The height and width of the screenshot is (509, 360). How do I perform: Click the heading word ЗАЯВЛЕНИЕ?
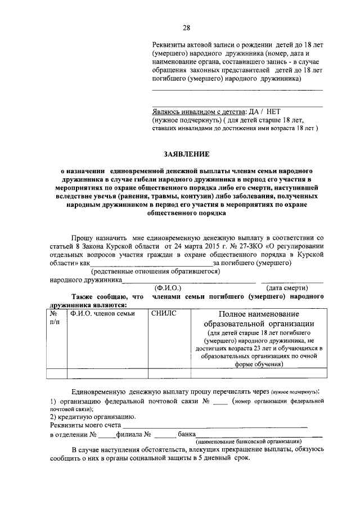click(186, 153)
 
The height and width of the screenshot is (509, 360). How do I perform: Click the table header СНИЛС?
click(164, 313)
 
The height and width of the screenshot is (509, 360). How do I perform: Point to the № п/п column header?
click(55, 318)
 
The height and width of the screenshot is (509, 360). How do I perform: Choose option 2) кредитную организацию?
click(93, 417)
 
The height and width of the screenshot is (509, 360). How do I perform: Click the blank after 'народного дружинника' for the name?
click(188, 280)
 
